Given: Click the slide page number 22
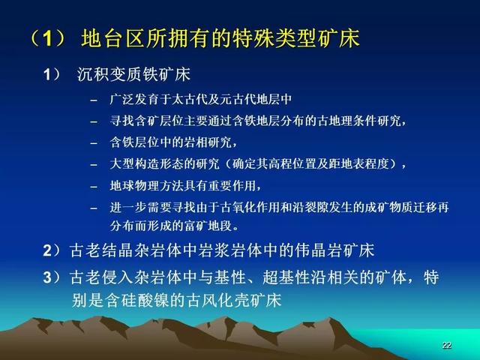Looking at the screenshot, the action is tap(447, 345).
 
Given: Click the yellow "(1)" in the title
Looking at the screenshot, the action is tap(46, 38).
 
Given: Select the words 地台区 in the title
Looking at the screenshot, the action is tap(112, 38).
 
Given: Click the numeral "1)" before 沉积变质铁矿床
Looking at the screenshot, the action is tap(52, 74).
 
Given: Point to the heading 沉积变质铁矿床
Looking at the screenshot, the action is tap(133, 74).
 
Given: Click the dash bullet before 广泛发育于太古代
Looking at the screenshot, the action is tap(94, 100).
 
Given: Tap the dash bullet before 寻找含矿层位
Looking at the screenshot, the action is tap(94, 121).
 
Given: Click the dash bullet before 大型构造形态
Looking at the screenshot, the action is tap(94, 165).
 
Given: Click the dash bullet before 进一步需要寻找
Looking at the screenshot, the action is tap(94, 208).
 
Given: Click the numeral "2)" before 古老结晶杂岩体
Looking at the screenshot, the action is tap(52, 250).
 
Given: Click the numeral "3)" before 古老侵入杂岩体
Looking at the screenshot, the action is tap(52, 277).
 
